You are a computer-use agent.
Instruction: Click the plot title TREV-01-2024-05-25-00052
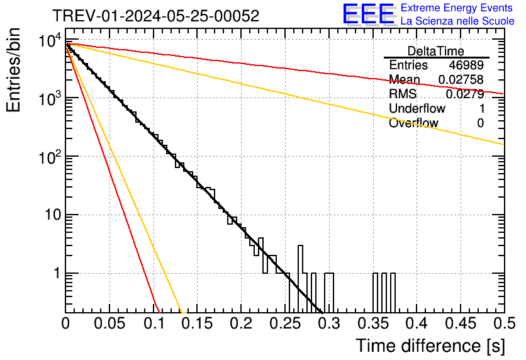155,16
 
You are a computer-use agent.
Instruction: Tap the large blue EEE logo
368,15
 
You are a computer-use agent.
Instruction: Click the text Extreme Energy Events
457,8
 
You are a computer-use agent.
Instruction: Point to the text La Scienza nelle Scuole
457,21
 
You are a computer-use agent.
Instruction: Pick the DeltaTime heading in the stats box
436,51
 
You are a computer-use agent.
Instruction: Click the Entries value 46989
466,65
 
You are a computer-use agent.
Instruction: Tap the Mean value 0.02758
461,80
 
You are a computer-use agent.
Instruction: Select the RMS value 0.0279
464,94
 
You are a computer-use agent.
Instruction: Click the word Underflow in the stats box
417,109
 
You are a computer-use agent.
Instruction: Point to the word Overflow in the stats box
413,123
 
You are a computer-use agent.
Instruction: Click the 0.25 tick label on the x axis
285,323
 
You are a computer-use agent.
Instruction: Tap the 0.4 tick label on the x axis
417,323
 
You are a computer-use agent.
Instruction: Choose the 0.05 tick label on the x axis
109,323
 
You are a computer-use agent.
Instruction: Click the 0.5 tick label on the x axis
504,323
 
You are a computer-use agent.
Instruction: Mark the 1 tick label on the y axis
56,274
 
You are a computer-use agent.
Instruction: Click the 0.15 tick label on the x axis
197,323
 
